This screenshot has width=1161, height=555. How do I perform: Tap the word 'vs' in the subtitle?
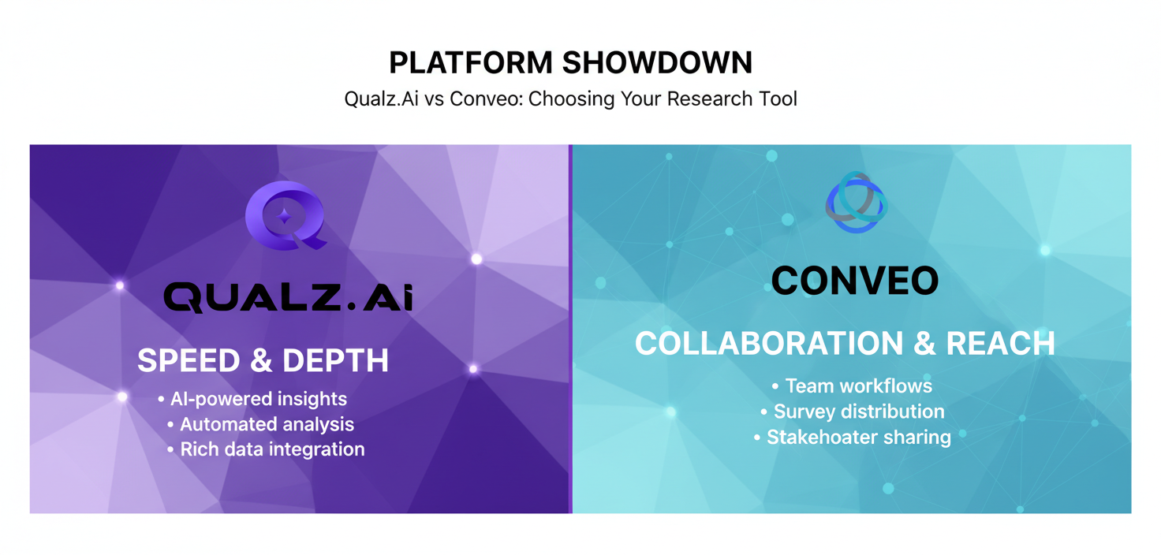(x=434, y=99)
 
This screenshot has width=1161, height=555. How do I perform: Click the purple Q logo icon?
(x=286, y=215)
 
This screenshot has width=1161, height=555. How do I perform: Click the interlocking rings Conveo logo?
(x=856, y=203)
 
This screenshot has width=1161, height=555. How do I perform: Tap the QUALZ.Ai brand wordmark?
(x=288, y=298)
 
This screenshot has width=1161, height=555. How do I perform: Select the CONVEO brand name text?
(x=855, y=281)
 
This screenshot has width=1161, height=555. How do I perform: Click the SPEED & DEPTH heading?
(x=263, y=361)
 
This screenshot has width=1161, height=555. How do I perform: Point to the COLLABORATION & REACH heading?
(x=845, y=344)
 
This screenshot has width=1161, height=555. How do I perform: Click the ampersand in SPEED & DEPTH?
(x=261, y=361)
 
